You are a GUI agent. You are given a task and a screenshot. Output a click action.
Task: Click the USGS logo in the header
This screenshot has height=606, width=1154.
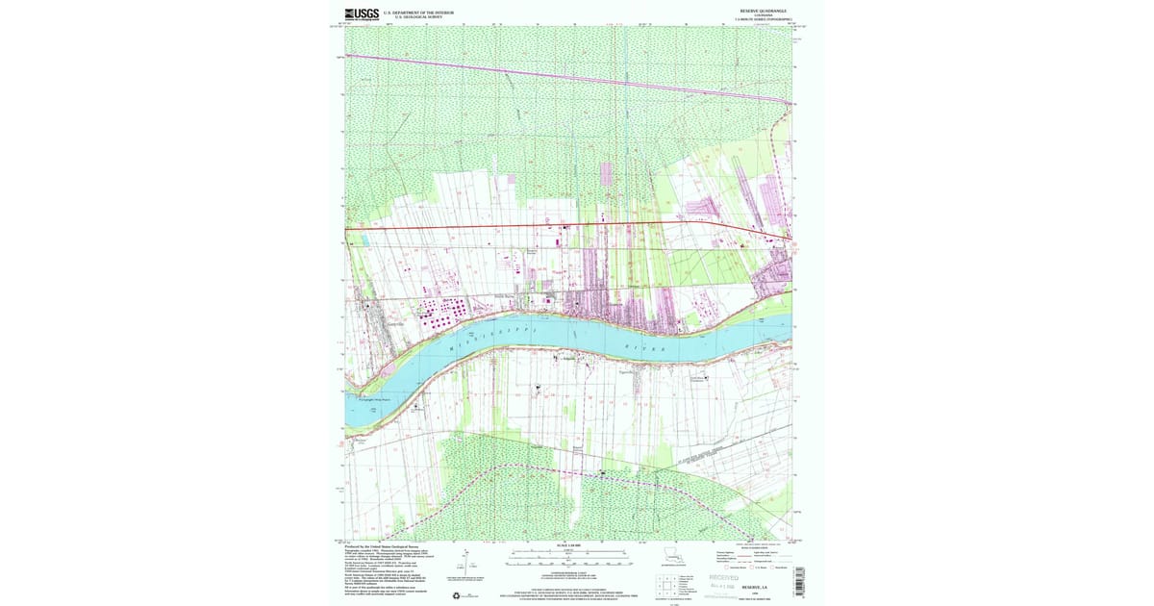pyautogui.click(x=363, y=13)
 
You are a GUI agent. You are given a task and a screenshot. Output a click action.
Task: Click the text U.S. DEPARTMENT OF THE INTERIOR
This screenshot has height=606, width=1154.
pyautogui.click(x=418, y=13)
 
